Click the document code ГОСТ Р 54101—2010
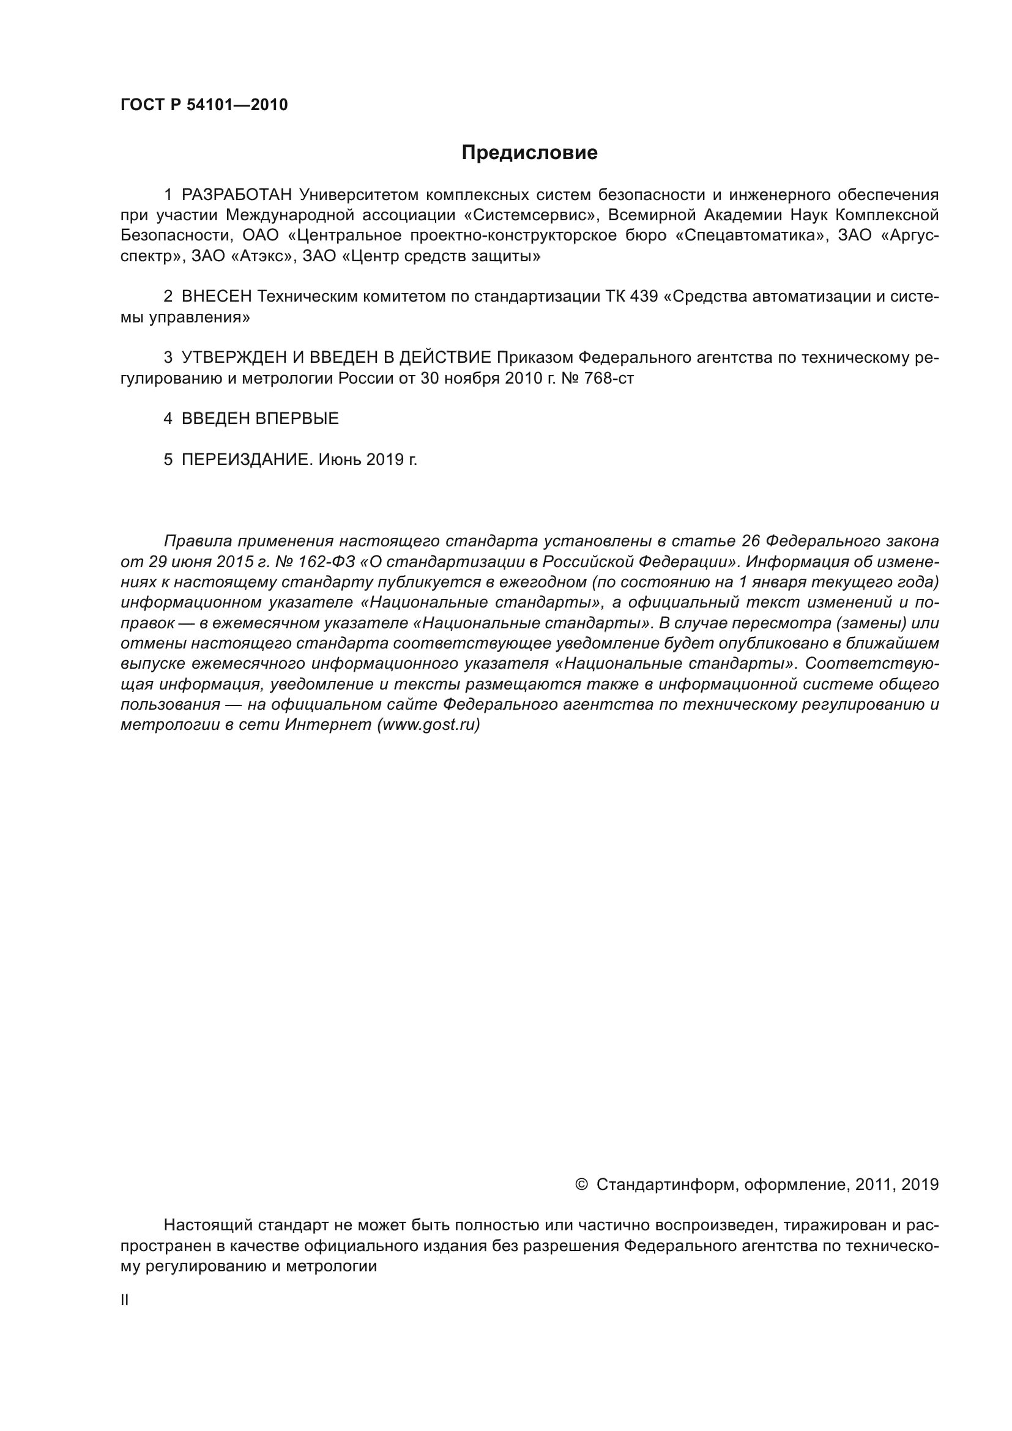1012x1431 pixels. click(204, 105)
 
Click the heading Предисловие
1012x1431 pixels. click(529, 153)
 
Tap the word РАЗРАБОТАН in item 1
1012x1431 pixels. click(237, 195)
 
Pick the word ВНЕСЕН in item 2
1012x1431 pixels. click(216, 297)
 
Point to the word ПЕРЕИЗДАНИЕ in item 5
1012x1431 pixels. click(245, 460)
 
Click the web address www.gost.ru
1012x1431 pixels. click(428, 725)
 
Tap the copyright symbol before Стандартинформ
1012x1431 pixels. click(581, 1184)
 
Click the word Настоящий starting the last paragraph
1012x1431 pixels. click(208, 1225)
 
